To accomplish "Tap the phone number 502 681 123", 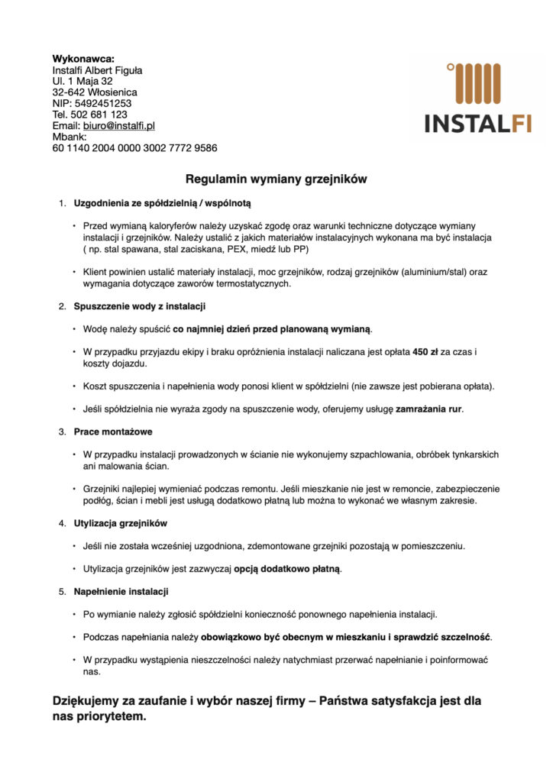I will (99, 115).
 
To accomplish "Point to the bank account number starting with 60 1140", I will (134, 148).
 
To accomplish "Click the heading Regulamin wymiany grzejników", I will (276, 179).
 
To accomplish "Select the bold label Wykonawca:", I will (83, 59).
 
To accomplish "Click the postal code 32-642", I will (67, 92).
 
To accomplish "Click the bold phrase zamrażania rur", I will (428, 409).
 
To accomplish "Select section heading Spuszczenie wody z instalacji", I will (140, 306).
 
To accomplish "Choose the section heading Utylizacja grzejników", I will (121, 523).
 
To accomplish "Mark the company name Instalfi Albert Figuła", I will (97, 70).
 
